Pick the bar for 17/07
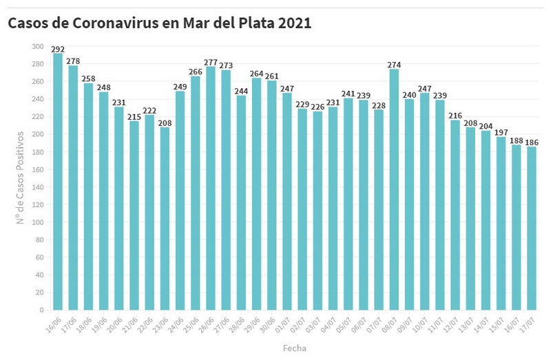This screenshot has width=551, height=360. coord(531,228)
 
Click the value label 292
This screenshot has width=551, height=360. coord(58,49)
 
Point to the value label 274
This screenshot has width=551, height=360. coord(394,65)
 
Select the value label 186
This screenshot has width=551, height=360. coord(531,142)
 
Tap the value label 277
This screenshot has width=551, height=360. coord(211,62)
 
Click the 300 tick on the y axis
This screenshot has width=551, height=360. coord(37,46)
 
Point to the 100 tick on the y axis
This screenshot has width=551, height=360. coord(37,222)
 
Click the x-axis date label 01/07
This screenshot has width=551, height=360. coord(285,323)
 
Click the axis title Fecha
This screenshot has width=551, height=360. coord(294,348)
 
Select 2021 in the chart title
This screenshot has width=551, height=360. coord(294,23)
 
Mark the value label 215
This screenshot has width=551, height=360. coord(134,116)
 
